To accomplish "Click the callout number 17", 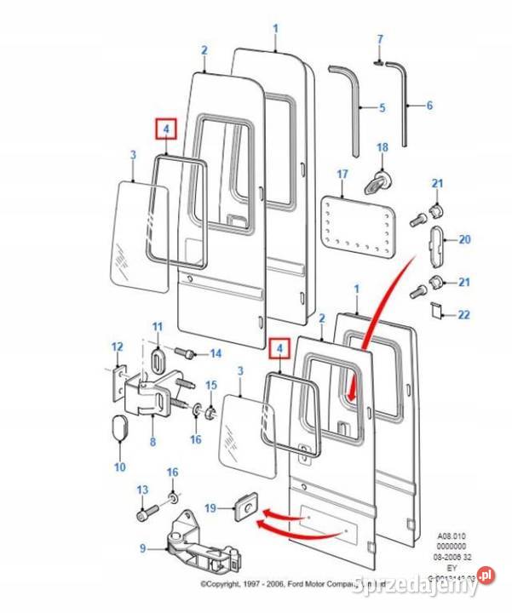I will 342,175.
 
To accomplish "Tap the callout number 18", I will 383,148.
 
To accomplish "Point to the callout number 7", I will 381,39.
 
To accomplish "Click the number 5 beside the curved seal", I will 382,108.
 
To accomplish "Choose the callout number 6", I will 429,106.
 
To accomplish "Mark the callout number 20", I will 464,240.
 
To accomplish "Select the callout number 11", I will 157,327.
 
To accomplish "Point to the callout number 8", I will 152,442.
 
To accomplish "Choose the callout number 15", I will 211,386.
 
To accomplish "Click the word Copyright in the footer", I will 228,585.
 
